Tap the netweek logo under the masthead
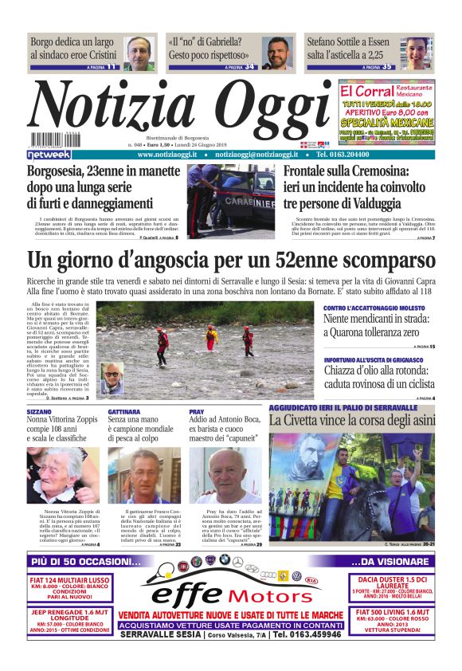click(49, 154)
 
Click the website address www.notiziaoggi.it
click(168, 154)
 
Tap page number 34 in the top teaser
click(249, 67)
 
